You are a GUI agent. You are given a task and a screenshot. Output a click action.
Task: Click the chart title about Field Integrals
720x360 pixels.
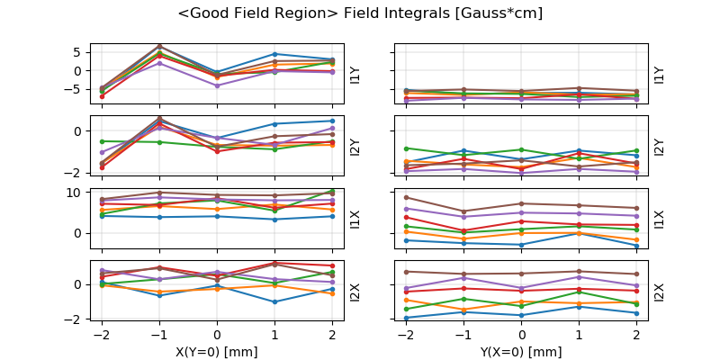pyautogui.click(x=360, y=14)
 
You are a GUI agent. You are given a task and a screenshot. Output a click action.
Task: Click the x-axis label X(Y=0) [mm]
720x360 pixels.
pyautogui.click(x=217, y=352)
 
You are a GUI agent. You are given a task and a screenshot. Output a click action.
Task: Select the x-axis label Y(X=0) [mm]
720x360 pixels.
pyautogui.click(x=522, y=352)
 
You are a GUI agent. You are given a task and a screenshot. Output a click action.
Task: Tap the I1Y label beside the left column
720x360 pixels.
pyautogui.click(x=355, y=74)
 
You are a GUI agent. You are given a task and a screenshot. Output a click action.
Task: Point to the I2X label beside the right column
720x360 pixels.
pyautogui.click(x=660, y=292)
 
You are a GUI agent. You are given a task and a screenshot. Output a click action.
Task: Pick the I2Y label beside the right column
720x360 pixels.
pyautogui.click(x=660, y=147)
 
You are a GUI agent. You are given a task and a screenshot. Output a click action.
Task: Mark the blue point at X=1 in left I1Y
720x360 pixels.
pyautogui.click(x=274, y=54)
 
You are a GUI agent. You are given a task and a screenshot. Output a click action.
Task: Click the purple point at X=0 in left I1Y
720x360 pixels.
pyautogui.click(x=217, y=85)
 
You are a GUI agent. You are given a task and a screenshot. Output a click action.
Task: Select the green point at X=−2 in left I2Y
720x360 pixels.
pyautogui.click(x=102, y=141)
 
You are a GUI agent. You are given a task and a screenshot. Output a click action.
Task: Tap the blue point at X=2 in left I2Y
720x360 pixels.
pyautogui.click(x=332, y=121)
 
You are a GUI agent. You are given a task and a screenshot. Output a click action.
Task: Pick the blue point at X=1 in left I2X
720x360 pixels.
pyautogui.click(x=274, y=301)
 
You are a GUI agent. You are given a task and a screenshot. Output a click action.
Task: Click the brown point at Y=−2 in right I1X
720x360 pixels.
pyautogui.click(x=407, y=197)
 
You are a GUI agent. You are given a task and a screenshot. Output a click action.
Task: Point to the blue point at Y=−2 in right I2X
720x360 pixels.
pyautogui.click(x=407, y=318)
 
